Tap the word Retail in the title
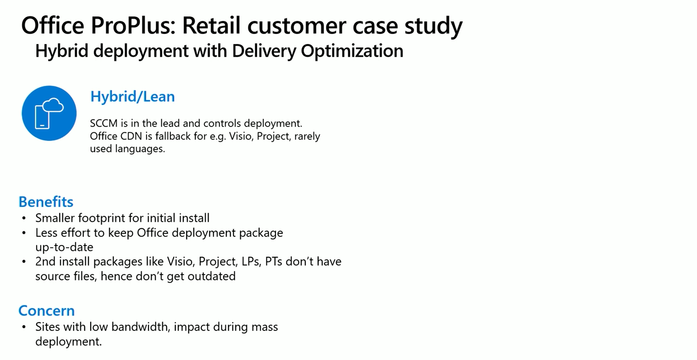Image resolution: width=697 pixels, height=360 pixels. [211, 26]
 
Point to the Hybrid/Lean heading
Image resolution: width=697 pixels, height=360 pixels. [133, 97]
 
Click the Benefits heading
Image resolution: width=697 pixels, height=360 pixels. [46, 202]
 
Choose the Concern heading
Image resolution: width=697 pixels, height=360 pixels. [46, 311]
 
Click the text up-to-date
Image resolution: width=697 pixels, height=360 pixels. [64, 247]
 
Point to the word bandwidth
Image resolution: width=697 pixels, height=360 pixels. [141, 327]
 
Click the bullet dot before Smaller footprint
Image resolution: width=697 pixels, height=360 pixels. [24, 218]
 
